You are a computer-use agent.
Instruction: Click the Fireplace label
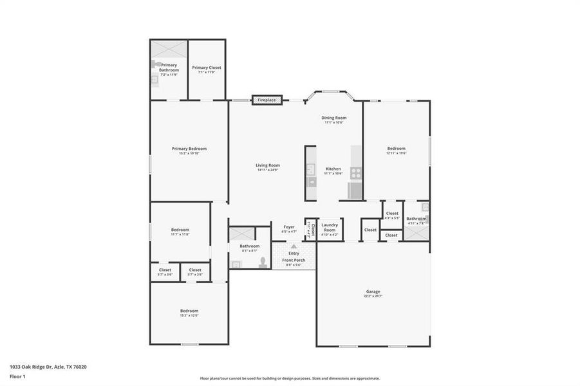click(x=267, y=100)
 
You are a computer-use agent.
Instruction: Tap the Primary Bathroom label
click(x=169, y=68)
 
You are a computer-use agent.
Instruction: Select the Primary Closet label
click(x=206, y=68)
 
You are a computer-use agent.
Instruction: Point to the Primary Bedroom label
click(x=189, y=149)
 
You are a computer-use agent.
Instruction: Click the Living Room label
click(x=268, y=165)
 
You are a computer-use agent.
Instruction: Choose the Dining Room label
click(x=334, y=118)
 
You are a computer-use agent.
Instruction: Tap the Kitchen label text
click(x=333, y=169)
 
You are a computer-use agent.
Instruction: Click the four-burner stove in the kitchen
click(x=355, y=172)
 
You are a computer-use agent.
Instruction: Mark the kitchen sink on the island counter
click(x=311, y=170)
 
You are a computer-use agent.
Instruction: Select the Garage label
click(x=373, y=291)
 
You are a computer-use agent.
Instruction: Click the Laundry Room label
click(x=330, y=227)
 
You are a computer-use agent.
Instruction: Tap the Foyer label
click(x=289, y=226)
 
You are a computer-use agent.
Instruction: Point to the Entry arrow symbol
click(x=294, y=246)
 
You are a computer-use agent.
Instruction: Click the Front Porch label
click(x=294, y=259)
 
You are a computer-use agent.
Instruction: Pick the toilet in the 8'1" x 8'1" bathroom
click(x=262, y=262)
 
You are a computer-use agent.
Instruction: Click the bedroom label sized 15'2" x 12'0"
click(x=189, y=311)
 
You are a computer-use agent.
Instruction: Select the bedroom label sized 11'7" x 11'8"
click(x=180, y=230)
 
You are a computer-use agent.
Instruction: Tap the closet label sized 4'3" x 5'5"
click(x=392, y=213)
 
